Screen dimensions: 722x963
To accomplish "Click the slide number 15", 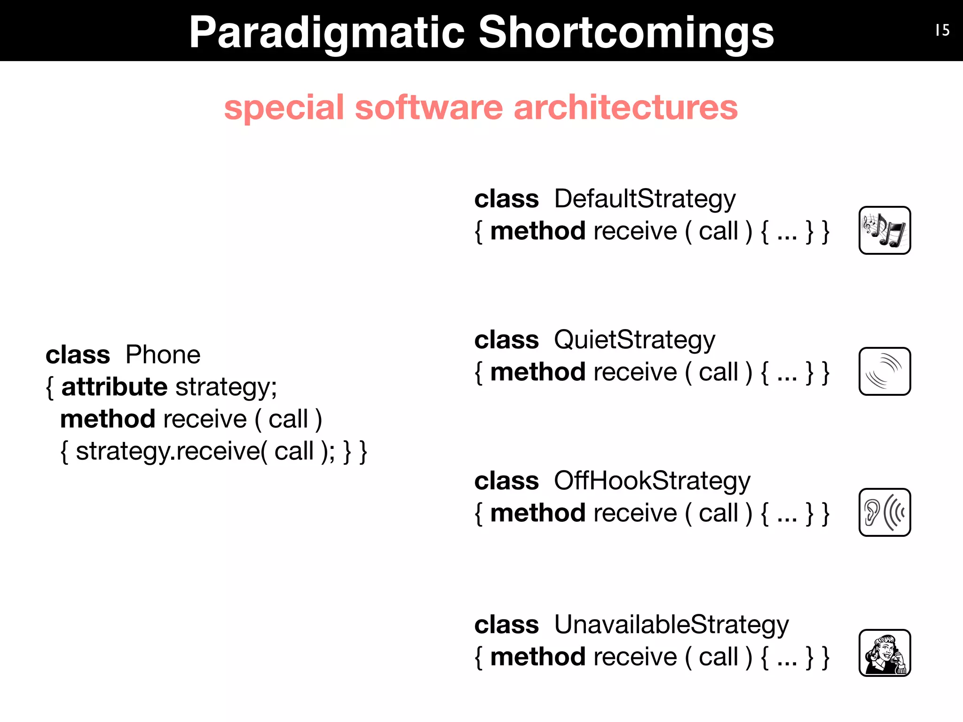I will (942, 31).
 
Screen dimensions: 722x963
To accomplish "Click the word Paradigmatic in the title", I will (327, 33).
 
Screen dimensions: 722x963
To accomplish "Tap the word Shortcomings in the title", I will (626, 33).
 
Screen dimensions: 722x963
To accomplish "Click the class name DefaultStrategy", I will (645, 199).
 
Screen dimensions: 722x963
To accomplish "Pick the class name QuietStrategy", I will (634, 340).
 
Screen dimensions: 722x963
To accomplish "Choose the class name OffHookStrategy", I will (652, 481).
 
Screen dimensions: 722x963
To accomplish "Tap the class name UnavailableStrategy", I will (671, 625).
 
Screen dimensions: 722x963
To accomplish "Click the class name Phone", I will (163, 355).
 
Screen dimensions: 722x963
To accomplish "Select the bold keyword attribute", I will (114, 387).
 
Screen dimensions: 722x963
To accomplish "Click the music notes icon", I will (884, 230).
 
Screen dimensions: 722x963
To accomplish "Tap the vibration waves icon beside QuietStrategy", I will (884, 371).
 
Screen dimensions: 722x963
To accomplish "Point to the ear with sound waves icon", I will (884, 512).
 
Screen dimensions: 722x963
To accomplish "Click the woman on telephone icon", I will (884, 653).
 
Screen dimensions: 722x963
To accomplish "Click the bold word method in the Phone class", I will (108, 419).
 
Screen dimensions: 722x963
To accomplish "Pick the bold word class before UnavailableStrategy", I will (506, 625).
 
